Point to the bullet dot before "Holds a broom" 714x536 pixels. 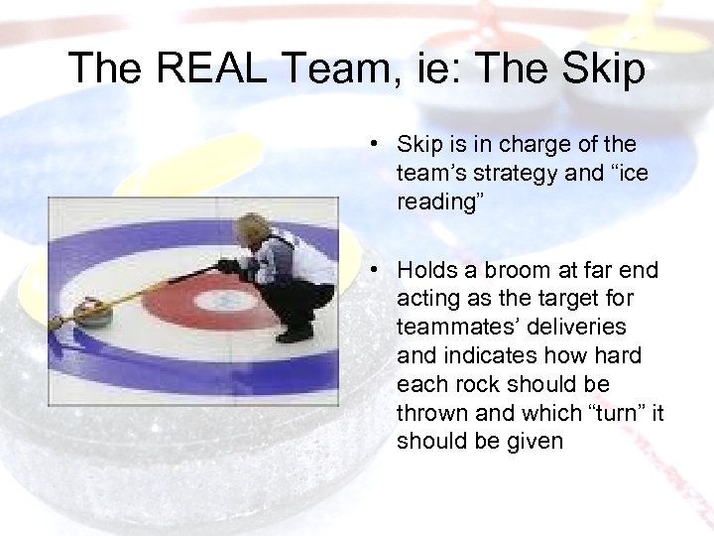click(x=367, y=269)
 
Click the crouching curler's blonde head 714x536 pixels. click(x=254, y=227)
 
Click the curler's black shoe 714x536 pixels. click(x=295, y=335)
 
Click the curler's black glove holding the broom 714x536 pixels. click(x=229, y=265)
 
